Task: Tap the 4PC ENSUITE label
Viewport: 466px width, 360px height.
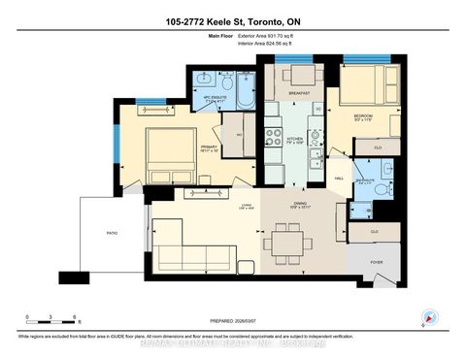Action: coord(211,100)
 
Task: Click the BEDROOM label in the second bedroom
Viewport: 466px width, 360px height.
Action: coord(362,115)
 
